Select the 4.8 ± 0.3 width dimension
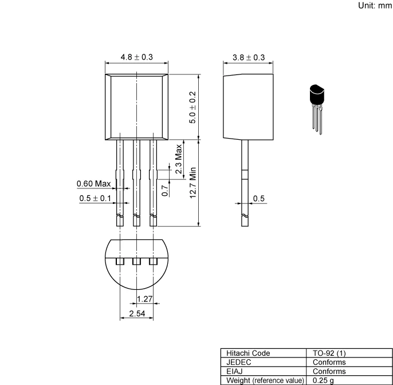pos(136,57)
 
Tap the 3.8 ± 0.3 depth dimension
pos(249,57)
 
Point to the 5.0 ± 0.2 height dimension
pos(193,107)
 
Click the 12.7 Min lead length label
pos(194,183)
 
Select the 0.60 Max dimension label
pos(93,184)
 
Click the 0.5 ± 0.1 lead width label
pos(96,198)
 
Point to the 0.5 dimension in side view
pos(260,198)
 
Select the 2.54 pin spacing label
pos(136,313)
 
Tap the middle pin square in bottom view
pos(136,261)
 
